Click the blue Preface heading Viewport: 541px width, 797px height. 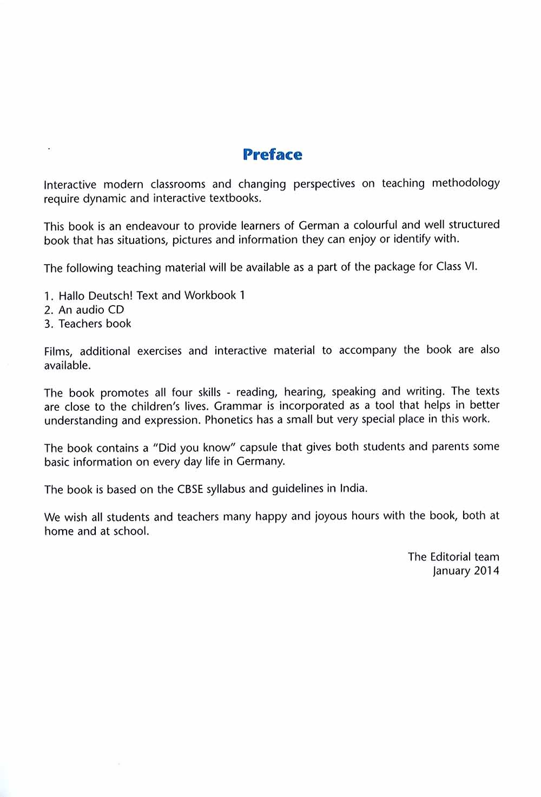click(273, 155)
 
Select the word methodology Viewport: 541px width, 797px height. click(465, 183)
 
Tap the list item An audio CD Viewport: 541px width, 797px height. click(91, 309)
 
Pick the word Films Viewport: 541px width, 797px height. click(58, 352)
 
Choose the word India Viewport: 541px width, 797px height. click(353, 488)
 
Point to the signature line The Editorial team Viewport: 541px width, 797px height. click(453, 557)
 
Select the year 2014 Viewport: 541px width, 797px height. click(486, 571)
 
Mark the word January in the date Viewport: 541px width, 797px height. click(451, 571)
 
